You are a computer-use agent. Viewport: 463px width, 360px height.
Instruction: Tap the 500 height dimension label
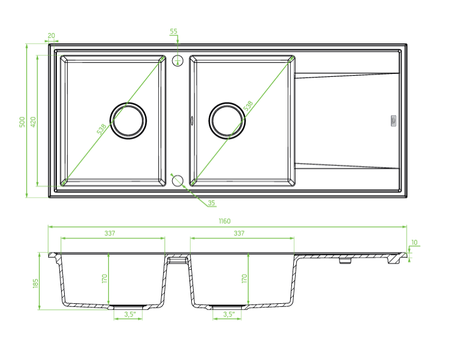[x=22, y=121]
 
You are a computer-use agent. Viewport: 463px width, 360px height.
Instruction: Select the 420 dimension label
[x=34, y=121]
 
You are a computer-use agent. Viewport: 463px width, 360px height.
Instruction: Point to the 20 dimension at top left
[x=51, y=36]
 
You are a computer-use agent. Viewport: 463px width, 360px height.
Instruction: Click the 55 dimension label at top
[x=173, y=31]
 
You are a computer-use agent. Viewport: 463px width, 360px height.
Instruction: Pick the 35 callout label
[x=211, y=203]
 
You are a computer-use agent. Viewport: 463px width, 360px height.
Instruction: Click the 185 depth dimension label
[x=35, y=283]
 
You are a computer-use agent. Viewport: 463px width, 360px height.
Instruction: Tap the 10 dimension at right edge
[x=415, y=243]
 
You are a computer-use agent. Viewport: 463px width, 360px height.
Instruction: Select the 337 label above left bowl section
[x=110, y=233]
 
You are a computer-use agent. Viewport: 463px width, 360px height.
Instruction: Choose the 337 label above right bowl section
[x=239, y=233]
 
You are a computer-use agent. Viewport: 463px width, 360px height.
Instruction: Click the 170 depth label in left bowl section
[x=104, y=279]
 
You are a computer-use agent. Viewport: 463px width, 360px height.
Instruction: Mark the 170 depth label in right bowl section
[x=244, y=279]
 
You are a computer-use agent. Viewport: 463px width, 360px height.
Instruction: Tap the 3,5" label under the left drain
[x=129, y=315]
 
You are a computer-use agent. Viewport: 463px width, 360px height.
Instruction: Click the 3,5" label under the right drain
[x=229, y=315]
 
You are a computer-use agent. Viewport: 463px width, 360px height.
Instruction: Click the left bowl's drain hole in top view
[x=128, y=119]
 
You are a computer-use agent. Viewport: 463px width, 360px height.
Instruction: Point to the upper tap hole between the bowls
[x=178, y=60]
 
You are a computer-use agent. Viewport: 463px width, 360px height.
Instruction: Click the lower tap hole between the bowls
[x=178, y=180]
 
